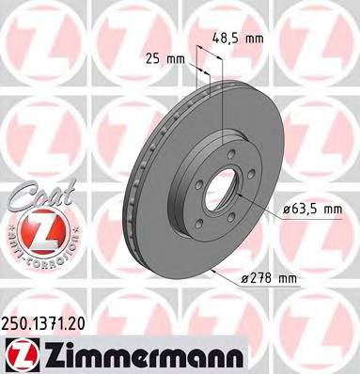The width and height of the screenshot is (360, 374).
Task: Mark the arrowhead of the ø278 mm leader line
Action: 216,269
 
